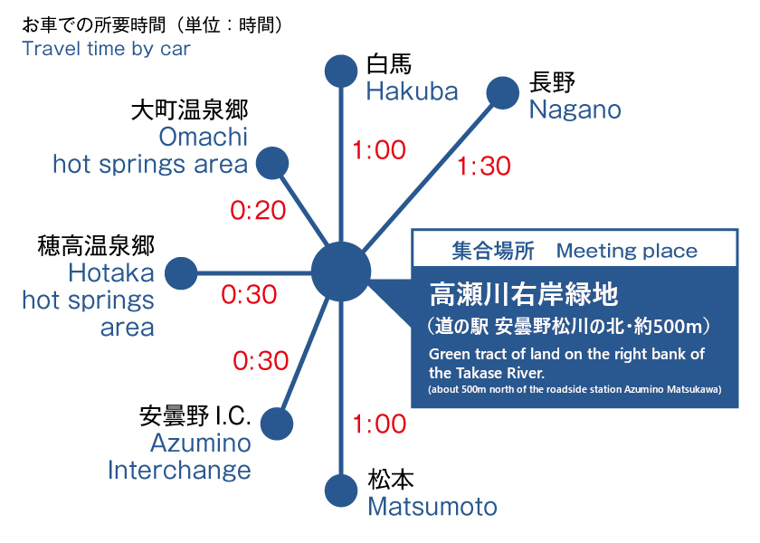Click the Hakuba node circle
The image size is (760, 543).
pos(341,71)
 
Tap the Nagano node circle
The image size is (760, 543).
pos(503,93)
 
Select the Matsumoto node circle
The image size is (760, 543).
pos(341,491)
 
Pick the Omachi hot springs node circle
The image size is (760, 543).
pos(272,164)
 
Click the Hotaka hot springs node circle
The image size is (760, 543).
pos(181,273)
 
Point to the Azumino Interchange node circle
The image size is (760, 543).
pos(277,424)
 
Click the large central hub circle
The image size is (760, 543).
pos(341,272)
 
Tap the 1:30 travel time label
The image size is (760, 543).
pos(484,166)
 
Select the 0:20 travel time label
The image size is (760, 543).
pos(258,210)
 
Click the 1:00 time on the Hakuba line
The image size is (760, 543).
pos(379,150)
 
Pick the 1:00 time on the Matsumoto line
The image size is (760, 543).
pos(379,424)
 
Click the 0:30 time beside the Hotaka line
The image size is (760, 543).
pos(249,294)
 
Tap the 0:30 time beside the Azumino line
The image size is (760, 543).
pos(261,361)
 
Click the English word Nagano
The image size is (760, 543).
pos(575,110)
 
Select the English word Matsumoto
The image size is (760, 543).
pos(432,507)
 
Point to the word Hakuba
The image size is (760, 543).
pos(412,91)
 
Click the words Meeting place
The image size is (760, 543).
pos(627,251)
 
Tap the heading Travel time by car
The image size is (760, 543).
pos(106,49)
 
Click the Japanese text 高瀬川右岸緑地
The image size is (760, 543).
pos(524,294)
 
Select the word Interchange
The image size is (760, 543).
pos(179,471)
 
